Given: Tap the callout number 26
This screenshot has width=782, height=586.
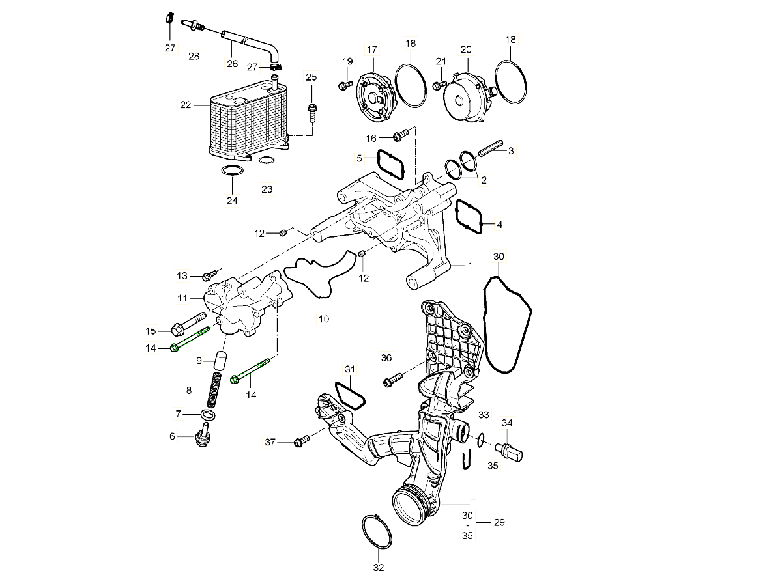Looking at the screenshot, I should [233, 64].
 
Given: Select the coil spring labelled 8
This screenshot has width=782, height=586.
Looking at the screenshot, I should [213, 390].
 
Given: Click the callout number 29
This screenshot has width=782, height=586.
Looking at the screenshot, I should [500, 523].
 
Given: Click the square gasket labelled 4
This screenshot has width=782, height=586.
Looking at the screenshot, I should [469, 217].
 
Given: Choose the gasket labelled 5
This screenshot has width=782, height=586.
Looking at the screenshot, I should [390, 165].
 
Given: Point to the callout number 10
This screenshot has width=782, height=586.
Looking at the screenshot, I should [324, 319].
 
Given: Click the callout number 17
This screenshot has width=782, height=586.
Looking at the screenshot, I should [372, 49].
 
